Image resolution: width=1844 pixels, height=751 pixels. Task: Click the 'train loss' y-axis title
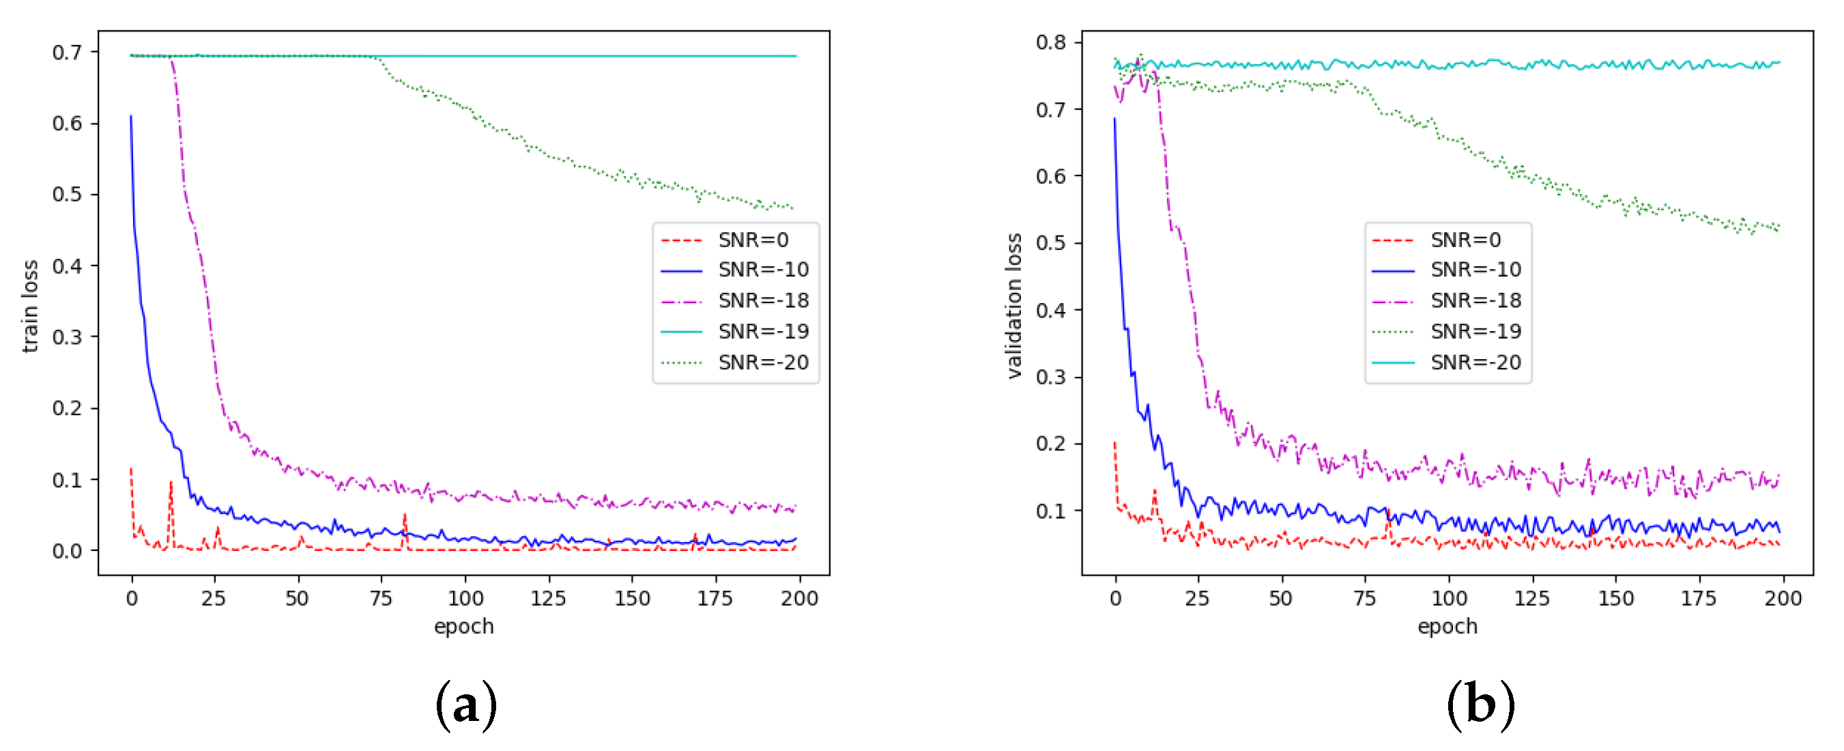tap(29, 307)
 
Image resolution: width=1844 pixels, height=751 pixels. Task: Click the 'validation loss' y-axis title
tap(1013, 307)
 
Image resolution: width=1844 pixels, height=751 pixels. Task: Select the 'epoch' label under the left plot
tap(464, 627)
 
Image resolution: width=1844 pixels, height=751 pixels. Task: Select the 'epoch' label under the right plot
tap(1447, 627)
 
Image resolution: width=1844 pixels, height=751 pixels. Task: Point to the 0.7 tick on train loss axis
tap(67, 53)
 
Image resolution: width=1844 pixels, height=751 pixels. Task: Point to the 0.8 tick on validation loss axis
tap(1050, 42)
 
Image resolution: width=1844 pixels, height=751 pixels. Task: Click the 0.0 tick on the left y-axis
tap(67, 551)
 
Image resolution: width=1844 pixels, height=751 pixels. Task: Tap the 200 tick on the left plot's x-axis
tap(799, 599)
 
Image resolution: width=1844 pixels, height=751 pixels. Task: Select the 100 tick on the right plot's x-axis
tap(1449, 599)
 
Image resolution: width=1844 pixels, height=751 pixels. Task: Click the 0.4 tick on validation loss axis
tap(1050, 310)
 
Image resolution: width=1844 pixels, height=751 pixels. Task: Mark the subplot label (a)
tap(465, 705)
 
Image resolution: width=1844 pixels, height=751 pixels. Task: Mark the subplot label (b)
tap(1480, 705)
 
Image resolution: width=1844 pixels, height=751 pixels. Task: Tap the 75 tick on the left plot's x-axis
tap(381, 599)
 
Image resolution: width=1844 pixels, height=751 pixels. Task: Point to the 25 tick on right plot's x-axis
tap(1198, 599)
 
